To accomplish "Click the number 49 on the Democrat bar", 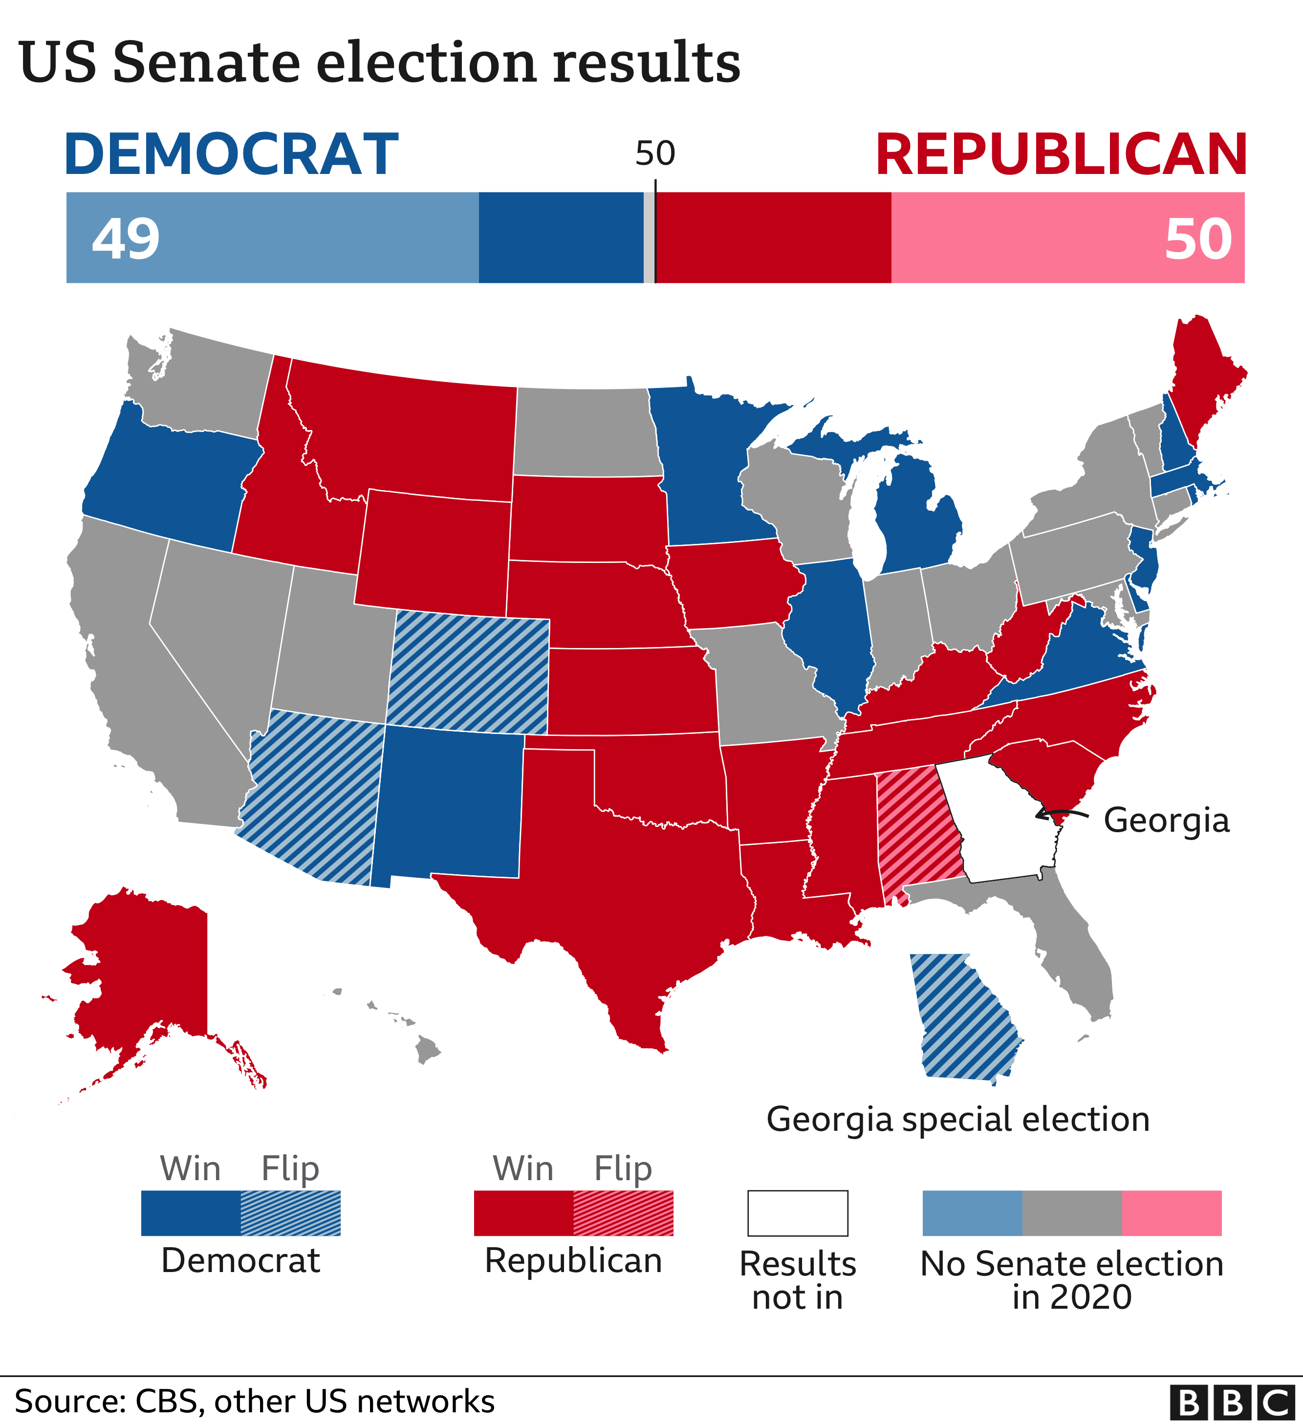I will click(126, 239).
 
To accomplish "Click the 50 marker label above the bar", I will click(655, 153).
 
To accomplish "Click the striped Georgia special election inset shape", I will click(961, 1018).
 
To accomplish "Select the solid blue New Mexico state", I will click(449, 806).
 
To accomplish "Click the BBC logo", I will click(1232, 1403).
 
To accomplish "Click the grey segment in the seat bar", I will click(649, 237).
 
